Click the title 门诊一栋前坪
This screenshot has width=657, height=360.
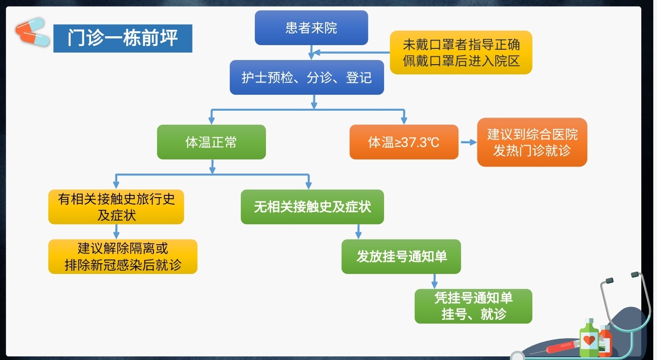pyautogui.click(x=123, y=38)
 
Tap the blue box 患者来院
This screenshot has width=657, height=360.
pyautogui.click(x=311, y=28)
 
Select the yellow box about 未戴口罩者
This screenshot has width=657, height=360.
pyautogui.click(x=461, y=53)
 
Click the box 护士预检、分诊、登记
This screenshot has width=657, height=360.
pyautogui.click(x=307, y=77)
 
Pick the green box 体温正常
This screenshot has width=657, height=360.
pyautogui.click(x=211, y=142)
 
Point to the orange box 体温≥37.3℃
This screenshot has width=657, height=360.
pyautogui.click(x=404, y=142)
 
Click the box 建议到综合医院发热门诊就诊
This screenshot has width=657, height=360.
pyautogui.click(x=532, y=142)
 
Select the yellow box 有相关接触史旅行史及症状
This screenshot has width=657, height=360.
pyautogui.click(x=116, y=207)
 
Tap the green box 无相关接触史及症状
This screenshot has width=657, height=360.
pyautogui.click(x=312, y=207)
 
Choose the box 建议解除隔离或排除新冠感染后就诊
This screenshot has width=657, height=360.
pyautogui.click(x=123, y=256)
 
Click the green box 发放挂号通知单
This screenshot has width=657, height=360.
pyautogui.click(x=401, y=256)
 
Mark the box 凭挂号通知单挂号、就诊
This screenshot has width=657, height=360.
pyautogui.click(x=473, y=306)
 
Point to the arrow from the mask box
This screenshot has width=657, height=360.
pyautogui.click(x=351, y=52)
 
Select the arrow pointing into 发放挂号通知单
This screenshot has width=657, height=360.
pyautogui.click(x=358, y=232)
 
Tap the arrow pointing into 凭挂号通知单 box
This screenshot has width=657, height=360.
pyautogui.click(x=434, y=281)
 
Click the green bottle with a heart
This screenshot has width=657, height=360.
pyautogui.click(x=589, y=339)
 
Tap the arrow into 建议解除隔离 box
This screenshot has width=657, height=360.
pyautogui.click(x=116, y=232)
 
